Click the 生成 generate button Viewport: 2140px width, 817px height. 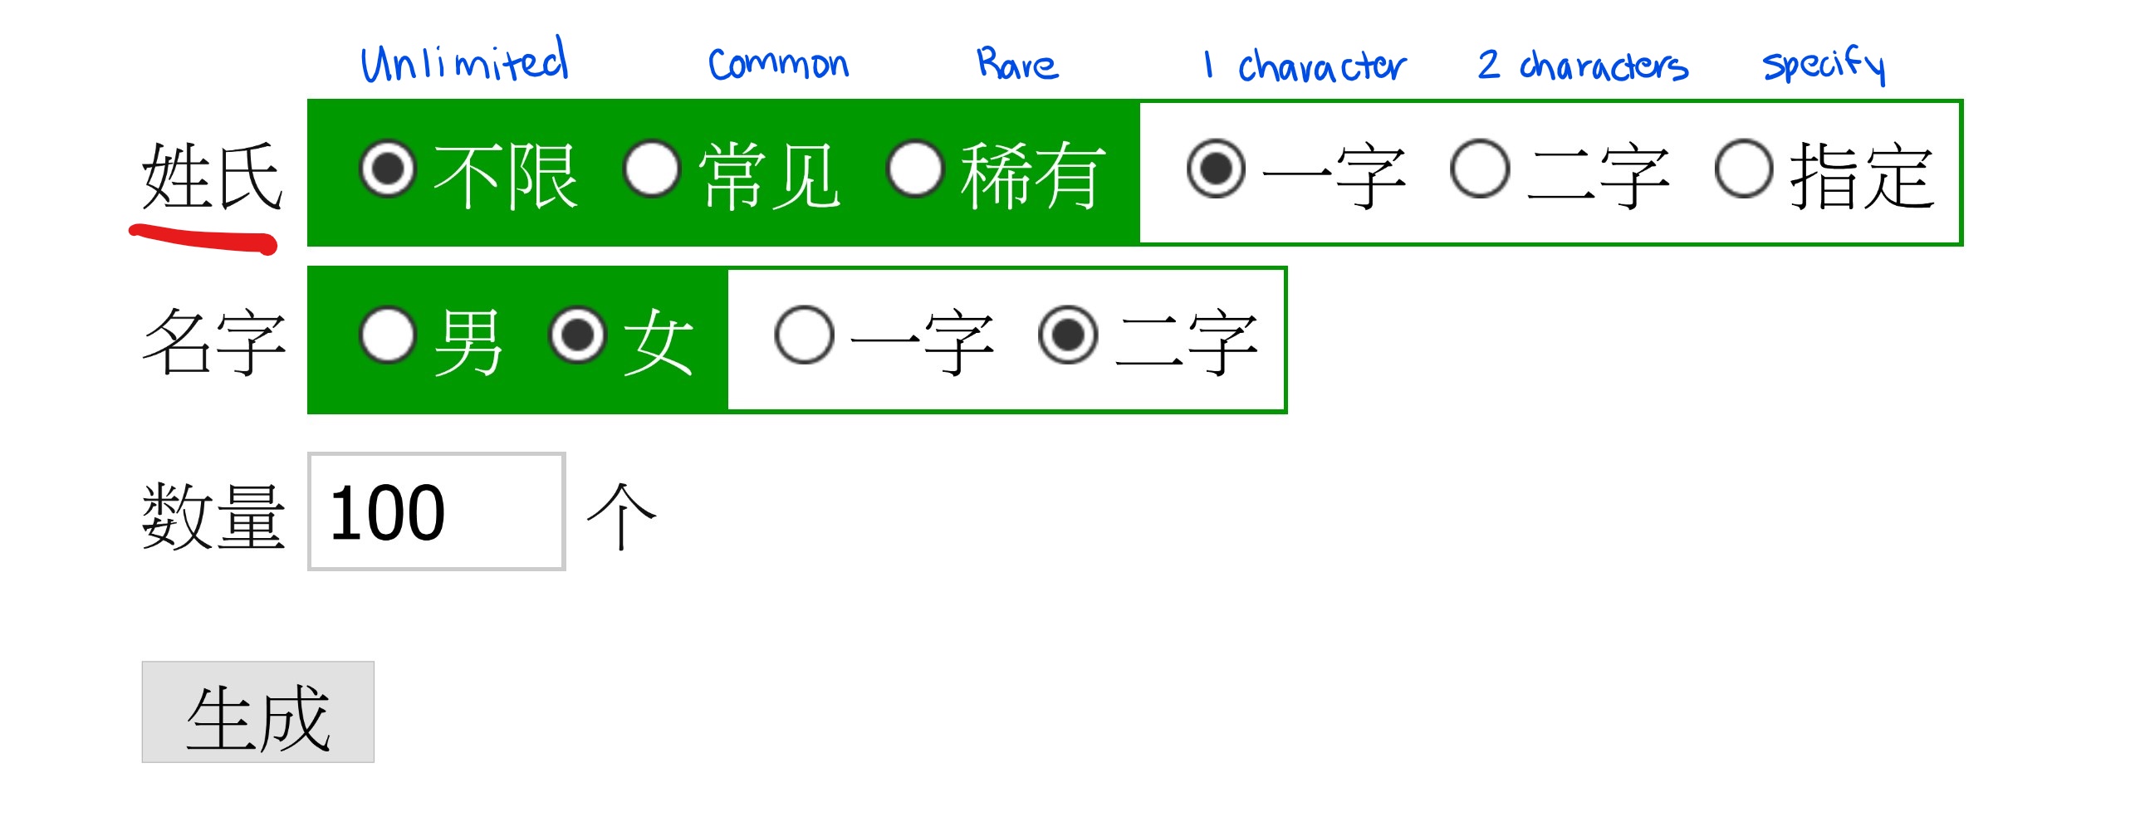[x=257, y=712]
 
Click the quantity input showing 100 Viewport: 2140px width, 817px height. [x=436, y=511]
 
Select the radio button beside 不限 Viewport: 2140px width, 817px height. [x=387, y=169]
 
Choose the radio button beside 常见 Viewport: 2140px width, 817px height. [x=652, y=169]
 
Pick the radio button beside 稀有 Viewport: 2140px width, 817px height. [x=915, y=169]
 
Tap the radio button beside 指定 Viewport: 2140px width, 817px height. [x=1744, y=169]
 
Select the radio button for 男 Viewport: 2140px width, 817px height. [x=387, y=335]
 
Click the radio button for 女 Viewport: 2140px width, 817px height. [x=577, y=335]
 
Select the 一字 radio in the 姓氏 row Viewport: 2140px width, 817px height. [x=1217, y=169]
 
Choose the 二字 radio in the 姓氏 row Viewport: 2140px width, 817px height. [x=1480, y=169]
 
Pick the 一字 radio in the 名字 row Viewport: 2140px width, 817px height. [x=804, y=335]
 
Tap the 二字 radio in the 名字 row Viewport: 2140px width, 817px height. [x=1067, y=335]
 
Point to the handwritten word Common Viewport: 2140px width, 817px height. [x=778, y=64]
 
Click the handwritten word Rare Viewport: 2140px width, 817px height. [x=1016, y=64]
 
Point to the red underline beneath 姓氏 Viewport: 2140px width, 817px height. [x=203, y=238]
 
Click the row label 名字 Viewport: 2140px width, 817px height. [x=213, y=340]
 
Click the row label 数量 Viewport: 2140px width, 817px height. [x=213, y=516]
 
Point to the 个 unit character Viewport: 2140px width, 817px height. [x=621, y=516]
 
